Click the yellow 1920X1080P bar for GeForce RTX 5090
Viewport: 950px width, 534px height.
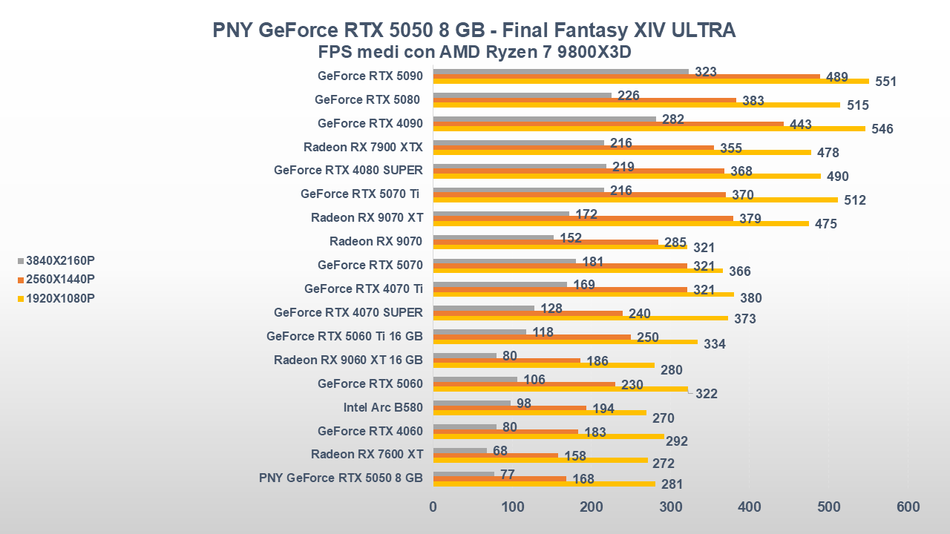pos(650,81)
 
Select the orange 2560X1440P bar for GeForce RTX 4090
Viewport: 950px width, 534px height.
pos(608,124)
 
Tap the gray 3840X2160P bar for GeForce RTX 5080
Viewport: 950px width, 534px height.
pos(522,95)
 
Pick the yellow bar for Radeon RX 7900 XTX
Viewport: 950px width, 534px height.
pos(622,152)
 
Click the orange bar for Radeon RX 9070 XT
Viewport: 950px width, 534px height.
pos(583,219)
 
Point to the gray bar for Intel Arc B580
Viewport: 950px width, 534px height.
pos(471,403)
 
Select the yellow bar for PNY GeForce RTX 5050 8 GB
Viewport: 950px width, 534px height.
pos(544,484)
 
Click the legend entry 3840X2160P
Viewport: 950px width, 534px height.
pos(59,260)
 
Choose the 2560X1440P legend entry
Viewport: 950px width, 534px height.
pos(59,280)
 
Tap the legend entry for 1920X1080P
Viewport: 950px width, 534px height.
pos(59,299)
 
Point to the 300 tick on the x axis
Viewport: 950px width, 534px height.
pos(670,507)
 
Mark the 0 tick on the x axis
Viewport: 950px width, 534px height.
pos(433,507)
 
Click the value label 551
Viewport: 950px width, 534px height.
pos(885,82)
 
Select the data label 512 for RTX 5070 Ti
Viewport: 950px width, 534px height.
pos(854,200)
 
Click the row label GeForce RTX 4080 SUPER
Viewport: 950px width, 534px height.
pos(348,170)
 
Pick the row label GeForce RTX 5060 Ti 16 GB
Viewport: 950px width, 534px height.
pos(344,336)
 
